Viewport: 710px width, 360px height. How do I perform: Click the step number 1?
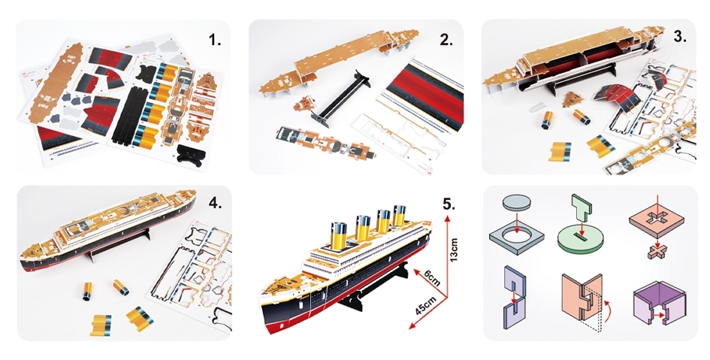(215, 40)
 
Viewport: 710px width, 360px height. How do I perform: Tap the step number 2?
(446, 40)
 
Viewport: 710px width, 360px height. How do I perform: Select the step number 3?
(680, 37)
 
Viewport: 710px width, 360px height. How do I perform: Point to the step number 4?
(215, 204)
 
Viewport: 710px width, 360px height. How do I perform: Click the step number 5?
(449, 204)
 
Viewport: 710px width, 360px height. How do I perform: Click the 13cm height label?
(454, 250)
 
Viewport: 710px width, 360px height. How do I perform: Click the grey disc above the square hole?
(515, 201)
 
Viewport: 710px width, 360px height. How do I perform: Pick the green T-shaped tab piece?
(582, 208)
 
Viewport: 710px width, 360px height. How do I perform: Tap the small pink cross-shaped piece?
(657, 253)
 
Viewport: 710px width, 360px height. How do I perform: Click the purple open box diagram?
(659, 302)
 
